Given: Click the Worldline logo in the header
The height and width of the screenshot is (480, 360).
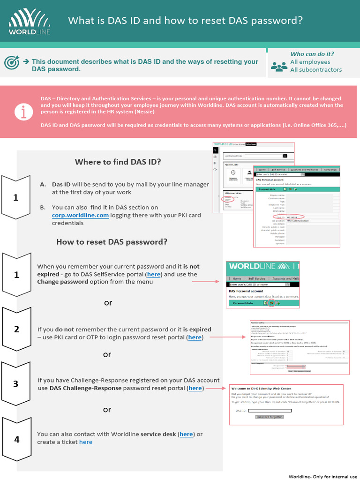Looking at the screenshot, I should tap(30, 22).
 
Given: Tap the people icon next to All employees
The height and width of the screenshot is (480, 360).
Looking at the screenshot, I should tap(279, 66).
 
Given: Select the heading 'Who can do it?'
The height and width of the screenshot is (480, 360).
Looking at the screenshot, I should tap(312, 54).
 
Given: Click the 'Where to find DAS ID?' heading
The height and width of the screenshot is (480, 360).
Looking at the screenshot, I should tap(118, 162).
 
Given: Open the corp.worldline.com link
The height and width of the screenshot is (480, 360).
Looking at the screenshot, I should tap(80, 215).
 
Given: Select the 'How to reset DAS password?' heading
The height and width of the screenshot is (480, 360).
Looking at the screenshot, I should tap(112, 242).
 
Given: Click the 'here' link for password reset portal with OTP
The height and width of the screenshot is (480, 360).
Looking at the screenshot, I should tap(195, 337).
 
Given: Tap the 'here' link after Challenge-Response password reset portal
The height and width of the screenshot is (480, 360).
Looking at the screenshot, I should tap(195, 388).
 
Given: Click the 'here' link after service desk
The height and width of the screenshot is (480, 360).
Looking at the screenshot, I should tap(186, 434).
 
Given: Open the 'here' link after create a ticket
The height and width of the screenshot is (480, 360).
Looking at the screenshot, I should tap(86, 442).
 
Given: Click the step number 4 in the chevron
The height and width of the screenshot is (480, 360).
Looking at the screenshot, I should tap(17, 439).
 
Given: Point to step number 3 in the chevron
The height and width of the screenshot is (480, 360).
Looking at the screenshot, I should tap(16, 384).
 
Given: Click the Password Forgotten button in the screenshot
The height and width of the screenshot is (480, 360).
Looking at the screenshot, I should tap(269, 417).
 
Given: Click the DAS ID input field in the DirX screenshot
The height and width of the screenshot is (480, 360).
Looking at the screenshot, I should tap(270, 411).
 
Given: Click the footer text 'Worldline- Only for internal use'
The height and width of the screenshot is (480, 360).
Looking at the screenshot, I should tap(323, 476).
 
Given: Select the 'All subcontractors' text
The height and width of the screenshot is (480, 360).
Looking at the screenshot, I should tap(316, 70).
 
